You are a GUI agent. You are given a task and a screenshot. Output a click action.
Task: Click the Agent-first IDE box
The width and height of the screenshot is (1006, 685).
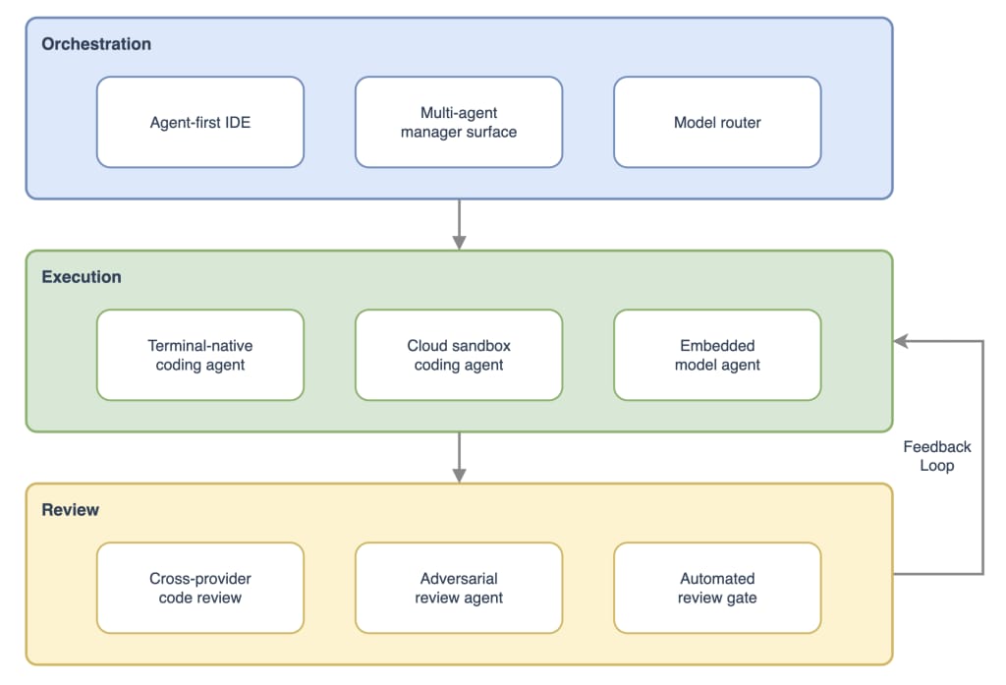(x=200, y=123)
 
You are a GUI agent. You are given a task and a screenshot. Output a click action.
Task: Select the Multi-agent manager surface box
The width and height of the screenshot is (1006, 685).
(x=459, y=123)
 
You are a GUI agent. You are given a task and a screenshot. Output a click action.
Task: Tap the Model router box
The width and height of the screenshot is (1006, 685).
(x=717, y=123)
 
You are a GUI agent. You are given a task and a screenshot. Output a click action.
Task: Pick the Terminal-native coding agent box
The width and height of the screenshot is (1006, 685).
(x=200, y=355)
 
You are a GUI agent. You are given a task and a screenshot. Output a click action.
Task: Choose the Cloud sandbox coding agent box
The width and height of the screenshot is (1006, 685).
(x=459, y=355)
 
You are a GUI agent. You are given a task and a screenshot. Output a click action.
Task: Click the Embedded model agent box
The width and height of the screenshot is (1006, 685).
(x=717, y=355)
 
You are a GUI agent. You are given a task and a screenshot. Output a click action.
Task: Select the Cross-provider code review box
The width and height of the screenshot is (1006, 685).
(x=200, y=588)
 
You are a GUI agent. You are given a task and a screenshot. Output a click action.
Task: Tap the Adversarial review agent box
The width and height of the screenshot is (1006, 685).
(x=459, y=588)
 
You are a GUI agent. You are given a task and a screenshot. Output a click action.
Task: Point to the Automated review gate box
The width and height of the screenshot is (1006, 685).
(x=717, y=588)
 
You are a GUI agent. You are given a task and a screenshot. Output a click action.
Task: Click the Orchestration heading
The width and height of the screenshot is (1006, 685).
(x=96, y=44)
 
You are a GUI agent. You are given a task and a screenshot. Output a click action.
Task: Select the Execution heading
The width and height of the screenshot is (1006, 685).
(x=82, y=277)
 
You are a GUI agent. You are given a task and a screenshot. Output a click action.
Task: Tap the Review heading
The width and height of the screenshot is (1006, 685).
(x=71, y=510)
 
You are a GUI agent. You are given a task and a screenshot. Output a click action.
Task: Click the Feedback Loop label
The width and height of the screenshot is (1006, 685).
(x=936, y=456)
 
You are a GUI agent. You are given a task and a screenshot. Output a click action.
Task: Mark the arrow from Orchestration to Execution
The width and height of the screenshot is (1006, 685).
(x=459, y=224)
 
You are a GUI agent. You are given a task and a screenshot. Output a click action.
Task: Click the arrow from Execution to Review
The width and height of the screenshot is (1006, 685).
(x=459, y=457)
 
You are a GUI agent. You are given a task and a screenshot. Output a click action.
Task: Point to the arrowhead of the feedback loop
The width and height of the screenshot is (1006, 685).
(x=900, y=341)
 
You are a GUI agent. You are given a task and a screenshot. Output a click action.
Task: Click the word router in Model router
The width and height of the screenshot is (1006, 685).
(x=739, y=123)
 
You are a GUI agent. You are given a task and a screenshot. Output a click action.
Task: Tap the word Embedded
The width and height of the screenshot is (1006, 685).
(x=717, y=346)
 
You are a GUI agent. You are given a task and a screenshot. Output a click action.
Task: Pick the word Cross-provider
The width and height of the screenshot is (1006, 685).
(x=200, y=579)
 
